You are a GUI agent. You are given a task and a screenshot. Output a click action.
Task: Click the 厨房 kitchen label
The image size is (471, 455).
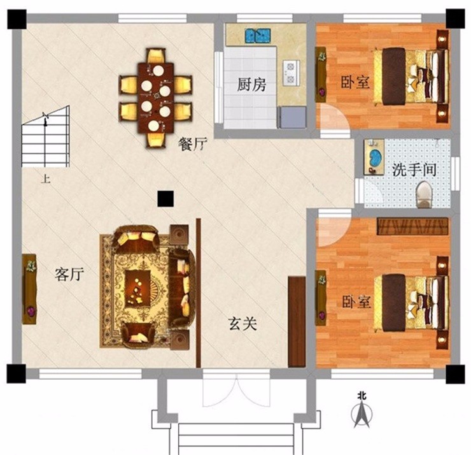click(x=251, y=85)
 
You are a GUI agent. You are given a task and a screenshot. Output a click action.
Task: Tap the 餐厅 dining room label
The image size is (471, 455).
click(x=193, y=145)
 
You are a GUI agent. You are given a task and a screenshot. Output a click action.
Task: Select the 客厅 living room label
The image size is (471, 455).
click(x=69, y=274)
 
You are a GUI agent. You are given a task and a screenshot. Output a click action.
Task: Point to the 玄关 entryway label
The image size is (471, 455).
click(x=243, y=324)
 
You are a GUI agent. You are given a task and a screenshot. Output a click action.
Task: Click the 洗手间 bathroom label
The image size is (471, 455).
click(x=414, y=170)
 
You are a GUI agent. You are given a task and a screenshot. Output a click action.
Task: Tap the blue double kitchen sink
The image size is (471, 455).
click(x=258, y=36)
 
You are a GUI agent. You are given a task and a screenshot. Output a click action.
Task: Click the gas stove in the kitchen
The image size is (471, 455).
click(x=291, y=72)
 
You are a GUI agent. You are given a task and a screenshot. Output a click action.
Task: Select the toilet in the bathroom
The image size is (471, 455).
click(x=424, y=194)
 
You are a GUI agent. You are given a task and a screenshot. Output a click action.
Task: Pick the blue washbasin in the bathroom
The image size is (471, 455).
click(x=375, y=157)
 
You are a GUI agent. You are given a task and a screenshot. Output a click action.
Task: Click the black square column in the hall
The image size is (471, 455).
click(x=165, y=199)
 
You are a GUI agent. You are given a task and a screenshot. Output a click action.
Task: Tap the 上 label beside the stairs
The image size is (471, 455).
click(x=46, y=179)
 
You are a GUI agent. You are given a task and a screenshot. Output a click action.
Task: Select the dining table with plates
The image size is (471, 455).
click(x=156, y=98)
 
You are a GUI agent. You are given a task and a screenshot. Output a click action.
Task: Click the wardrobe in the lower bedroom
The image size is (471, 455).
click(x=412, y=226)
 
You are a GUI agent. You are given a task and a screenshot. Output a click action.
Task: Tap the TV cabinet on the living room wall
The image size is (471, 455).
click(x=29, y=289)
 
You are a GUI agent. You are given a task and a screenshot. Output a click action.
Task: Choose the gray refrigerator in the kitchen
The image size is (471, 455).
click(x=292, y=118)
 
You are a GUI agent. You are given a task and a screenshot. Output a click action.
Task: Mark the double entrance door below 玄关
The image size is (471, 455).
click(x=236, y=388)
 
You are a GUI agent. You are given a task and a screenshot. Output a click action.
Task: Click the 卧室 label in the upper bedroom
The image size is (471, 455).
click(x=355, y=82)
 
